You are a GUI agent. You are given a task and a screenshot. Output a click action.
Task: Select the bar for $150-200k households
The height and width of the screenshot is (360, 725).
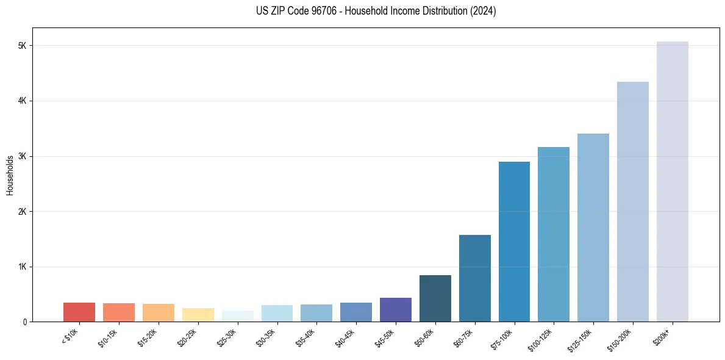pyautogui.click(x=632, y=201)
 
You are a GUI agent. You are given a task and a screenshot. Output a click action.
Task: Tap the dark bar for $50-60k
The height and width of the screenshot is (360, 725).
pyautogui.click(x=435, y=298)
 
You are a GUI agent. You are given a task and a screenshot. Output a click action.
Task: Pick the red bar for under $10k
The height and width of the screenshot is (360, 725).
pyautogui.click(x=79, y=312)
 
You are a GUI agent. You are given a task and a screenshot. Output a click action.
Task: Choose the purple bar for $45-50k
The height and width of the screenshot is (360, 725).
pyautogui.click(x=395, y=309)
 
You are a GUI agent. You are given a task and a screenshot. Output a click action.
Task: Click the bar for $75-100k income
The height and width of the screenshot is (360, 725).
pyautogui.click(x=514, y=242)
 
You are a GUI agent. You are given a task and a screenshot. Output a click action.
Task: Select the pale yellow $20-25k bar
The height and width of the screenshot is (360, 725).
pyautogui.click(x=198, y=315)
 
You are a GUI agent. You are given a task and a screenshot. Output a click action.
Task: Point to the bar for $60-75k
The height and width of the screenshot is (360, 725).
pyautogui.click(x=474, y=278)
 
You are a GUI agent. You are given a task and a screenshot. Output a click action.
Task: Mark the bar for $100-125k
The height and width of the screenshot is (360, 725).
pyautogui.click(x=554, y=234)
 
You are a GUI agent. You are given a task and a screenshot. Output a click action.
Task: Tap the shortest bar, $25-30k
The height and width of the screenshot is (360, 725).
pyautogui.click(x=237, y=316)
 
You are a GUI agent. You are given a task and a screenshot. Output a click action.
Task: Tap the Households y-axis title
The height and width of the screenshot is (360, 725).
pyautogui.click(x=10, y=175)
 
